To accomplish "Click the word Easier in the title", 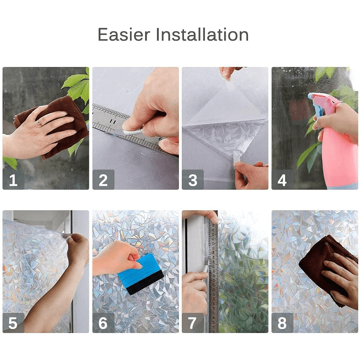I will pyautogui.click(x=123, y=35).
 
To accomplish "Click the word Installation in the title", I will pyautogui.click(x=202, y=35).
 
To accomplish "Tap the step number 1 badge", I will pyautogui.click(x=13, y=180).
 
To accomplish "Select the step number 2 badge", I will pyautogui.click(x=103, y=180).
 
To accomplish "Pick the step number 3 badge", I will pyautogui.click(x=193, y=180).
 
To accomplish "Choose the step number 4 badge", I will pyautogui.click(x=282, y=180).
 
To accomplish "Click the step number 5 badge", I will pyautogui.click(x=13, y=323).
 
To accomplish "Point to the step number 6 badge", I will pyautogui.click(x=103, y=323).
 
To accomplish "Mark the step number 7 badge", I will pyautogui.click(x=193, y=323).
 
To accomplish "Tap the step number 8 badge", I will pyautogui.click(x=282, y=323).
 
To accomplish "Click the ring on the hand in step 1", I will pyautogui.click(x=39, y=123).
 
